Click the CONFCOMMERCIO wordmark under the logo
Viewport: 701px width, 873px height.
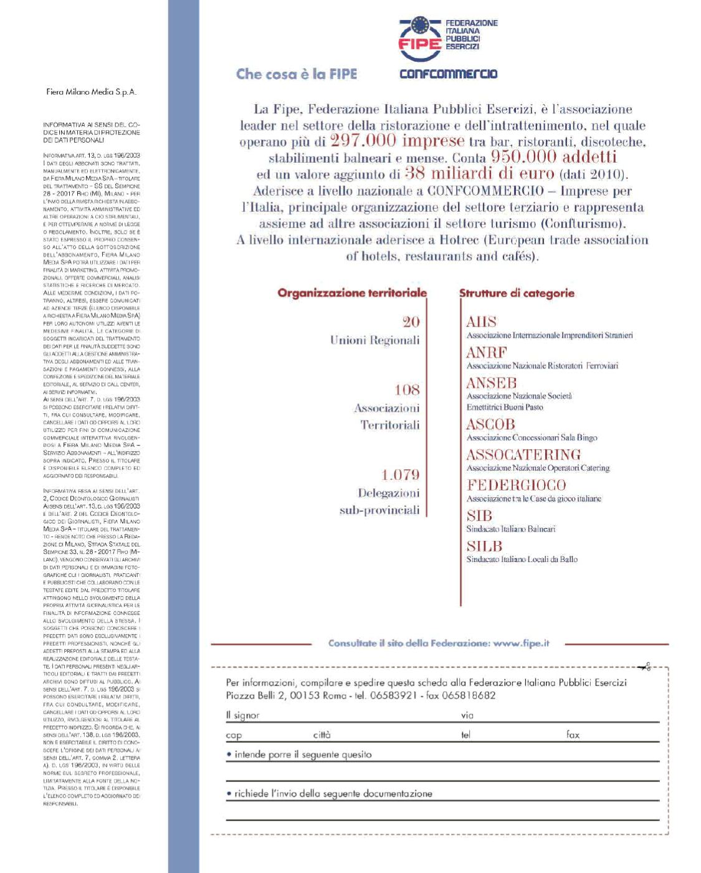(448, 74)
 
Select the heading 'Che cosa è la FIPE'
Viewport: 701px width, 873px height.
(297, 74)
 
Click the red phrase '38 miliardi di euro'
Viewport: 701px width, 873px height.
(479, 173)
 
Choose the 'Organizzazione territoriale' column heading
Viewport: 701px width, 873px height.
(352, 293)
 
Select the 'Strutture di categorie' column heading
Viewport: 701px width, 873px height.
(517, 293)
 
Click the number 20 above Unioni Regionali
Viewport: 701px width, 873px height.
(411, 322)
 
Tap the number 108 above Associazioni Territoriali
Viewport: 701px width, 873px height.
(407, 390)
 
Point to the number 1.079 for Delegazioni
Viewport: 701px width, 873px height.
(400, 475)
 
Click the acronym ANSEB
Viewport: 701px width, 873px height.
(492, 383)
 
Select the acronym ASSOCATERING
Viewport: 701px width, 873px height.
(523, 454)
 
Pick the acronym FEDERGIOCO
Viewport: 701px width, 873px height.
(516, 485)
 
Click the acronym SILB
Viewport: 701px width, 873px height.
(484, 546)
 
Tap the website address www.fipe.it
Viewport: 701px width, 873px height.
(521, 644)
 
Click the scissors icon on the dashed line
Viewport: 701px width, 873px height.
(646, 667)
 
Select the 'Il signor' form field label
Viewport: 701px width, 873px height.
(243, 715)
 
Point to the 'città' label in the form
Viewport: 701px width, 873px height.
(322, 735)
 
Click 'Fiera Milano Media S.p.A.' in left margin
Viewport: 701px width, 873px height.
(91, 92)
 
